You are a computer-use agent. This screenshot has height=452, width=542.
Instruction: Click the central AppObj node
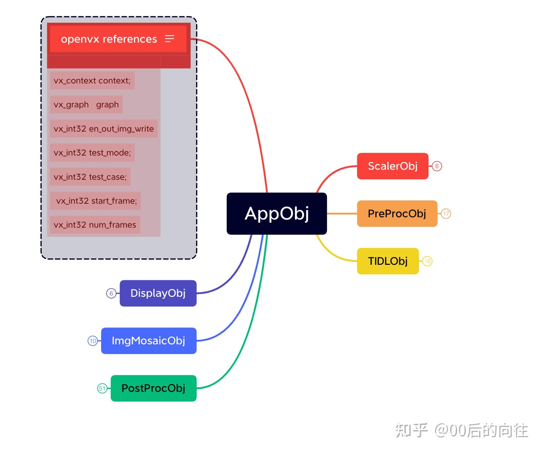coord(276,213)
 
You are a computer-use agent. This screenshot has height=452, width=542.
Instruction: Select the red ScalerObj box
coord(392,166)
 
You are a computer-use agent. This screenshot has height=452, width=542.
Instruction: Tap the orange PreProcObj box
coord(397,214)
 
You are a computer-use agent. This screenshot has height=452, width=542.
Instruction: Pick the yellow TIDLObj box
coord(388,261)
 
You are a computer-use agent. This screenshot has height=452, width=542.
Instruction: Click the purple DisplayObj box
coord(158,293)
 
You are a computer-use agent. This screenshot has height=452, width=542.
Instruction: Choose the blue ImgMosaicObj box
coord(149,341)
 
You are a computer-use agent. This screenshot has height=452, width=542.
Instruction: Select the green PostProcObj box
coord(153,388)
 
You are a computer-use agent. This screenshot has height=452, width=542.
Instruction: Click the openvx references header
coord(109,39)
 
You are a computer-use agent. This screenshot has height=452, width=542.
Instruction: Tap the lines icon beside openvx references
coord(170,39)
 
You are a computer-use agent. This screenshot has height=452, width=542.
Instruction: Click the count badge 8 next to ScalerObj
coord(437,166)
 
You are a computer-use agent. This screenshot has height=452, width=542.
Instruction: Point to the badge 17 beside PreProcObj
coord(446,214)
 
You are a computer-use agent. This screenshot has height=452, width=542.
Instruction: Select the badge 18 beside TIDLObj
coord(427,261)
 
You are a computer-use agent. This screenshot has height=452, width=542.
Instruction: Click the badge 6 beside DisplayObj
coord(111,294)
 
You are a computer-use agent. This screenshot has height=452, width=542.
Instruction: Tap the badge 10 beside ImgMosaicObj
coord(93,341)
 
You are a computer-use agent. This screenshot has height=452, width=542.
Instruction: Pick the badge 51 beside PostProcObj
coord(102,389)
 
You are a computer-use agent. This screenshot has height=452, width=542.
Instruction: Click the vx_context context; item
coord(92,81)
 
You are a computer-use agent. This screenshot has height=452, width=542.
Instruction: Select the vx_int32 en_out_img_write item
coord(104,129)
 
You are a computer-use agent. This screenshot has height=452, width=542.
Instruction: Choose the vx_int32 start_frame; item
coord(96,201)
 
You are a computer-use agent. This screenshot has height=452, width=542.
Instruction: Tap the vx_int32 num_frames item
coord(95,225)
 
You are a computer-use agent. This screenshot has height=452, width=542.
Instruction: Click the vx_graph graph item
coord(86,104)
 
